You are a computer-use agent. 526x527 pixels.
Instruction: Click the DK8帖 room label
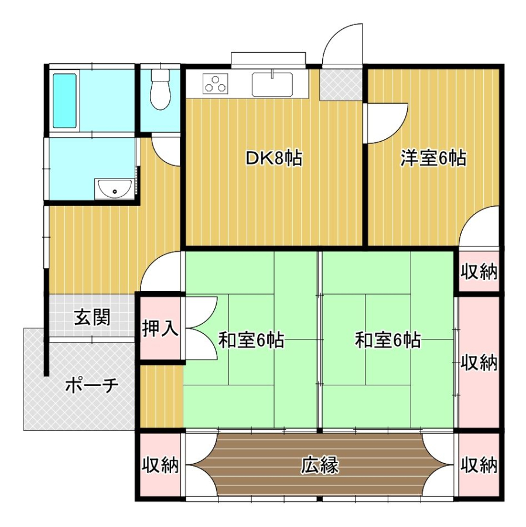point(274,158)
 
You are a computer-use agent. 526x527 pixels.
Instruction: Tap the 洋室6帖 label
point(433,158)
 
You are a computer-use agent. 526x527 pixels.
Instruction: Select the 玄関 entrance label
point(92,317)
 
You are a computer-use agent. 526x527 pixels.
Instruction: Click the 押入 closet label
point(160,328)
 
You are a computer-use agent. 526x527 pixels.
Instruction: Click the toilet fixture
point(160,89)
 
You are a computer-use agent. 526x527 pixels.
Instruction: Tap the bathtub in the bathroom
point(64,101)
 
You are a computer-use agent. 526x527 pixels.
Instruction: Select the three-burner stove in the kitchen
point(216,83)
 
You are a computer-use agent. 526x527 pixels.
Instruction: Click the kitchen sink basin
point(272,84)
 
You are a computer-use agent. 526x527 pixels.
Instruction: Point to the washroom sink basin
point(114,189)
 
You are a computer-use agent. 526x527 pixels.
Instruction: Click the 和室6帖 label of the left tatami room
point(251,340)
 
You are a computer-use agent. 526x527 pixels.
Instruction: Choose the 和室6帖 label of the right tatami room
point(388,340)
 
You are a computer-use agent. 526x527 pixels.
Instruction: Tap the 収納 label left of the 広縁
point(160,465)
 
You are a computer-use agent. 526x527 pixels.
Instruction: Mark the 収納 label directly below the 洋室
point(479,271)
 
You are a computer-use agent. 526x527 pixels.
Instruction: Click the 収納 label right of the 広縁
point(479,465)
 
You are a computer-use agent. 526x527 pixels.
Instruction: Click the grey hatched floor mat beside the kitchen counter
point(340,84)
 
